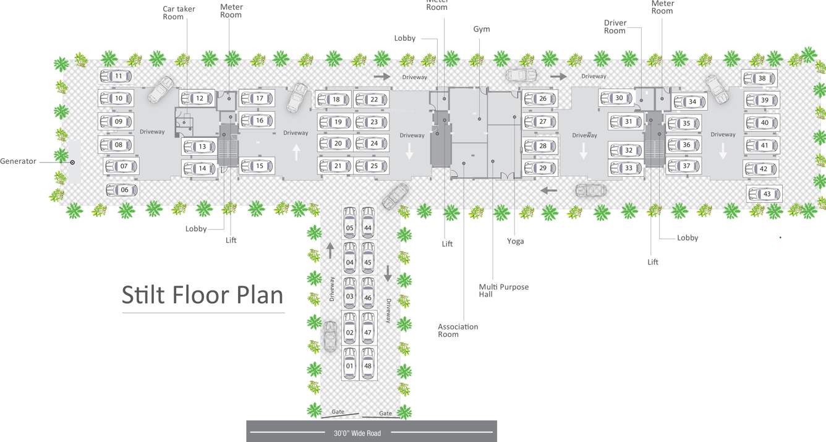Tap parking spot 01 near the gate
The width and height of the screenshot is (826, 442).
(350, 365)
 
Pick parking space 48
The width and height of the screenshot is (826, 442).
(368, 365)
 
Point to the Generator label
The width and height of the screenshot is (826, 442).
(18, 161)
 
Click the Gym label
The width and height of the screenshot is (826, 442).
(482, 29)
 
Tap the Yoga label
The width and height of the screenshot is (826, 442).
(515, 241)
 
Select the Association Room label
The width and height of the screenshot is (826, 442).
(458, 330)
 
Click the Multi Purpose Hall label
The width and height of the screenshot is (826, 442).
(503, 291)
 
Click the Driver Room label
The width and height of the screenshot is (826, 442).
(615, 27)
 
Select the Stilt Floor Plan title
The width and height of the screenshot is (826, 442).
(202, 295)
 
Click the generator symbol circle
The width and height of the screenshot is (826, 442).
(72, 162)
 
